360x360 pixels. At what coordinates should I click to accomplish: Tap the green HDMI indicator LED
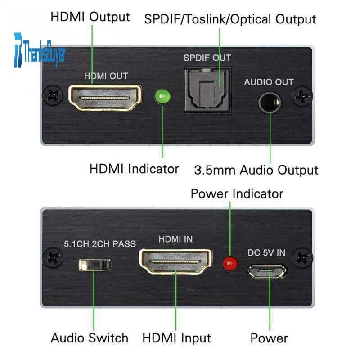[x=162, y=96]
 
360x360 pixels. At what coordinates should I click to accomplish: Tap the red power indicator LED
[x=231, y=263]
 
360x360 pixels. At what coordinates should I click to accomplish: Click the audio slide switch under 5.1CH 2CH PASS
[x=94, y=264]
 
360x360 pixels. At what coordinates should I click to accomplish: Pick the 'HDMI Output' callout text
[x=90, y=17]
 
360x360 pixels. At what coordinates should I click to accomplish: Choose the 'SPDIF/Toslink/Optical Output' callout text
[x=230, y=19]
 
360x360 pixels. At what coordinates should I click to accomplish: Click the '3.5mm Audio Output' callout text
[x=256, y=171]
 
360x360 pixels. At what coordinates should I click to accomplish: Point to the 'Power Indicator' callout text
[x=237, y=194]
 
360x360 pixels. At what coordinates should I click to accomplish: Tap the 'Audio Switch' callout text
[x=90, y=338]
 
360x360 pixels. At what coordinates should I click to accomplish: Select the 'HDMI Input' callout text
[x=177, y=338]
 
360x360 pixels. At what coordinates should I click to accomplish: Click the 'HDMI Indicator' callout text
[x=134, y=169]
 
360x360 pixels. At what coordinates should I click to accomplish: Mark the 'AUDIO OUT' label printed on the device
[x=269, y=82]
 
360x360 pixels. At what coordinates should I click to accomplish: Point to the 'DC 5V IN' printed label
[x=266, y=253]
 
